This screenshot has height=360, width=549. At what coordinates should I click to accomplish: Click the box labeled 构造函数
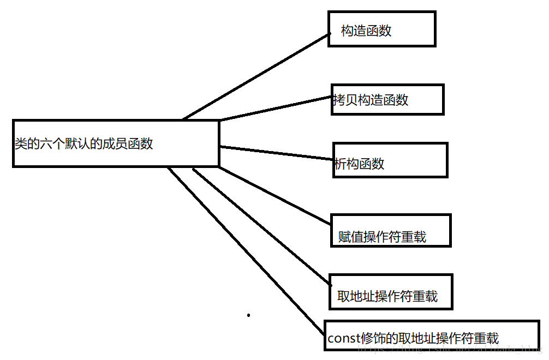(x=381, y=29)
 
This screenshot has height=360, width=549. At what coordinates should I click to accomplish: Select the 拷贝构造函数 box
(x=387, y=99)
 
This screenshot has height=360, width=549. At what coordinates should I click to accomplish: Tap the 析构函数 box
(x=390, y=160)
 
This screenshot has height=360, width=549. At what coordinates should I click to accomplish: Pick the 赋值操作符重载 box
(x=391, y=230)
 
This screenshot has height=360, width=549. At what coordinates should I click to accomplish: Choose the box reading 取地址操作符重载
(x=391, y=291)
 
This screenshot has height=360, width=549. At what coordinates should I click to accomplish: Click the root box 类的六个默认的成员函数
(x=116, y=143)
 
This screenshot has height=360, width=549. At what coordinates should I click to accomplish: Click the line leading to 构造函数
(x=256, y=75)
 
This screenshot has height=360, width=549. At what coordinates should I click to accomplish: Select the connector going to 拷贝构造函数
(x=276, y=108)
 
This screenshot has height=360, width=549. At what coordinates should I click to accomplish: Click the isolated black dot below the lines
(x=249, y=315)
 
